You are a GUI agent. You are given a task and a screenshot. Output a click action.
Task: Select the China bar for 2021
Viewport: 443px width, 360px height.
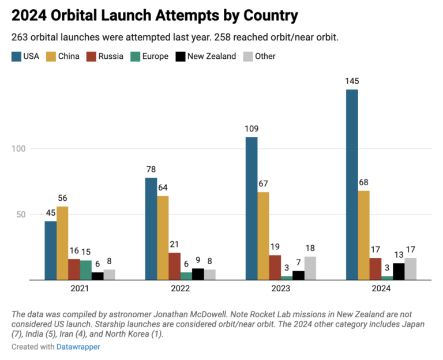click(62, 243)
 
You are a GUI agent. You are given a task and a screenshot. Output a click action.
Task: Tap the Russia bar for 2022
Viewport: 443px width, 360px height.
click(174, 266)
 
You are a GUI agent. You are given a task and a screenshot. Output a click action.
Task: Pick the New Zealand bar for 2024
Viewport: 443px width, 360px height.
click(399, 271)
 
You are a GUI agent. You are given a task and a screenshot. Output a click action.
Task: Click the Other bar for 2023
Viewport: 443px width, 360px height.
click(310, 268)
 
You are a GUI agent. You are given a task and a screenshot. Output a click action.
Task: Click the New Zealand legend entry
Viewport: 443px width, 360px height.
click(206, 56)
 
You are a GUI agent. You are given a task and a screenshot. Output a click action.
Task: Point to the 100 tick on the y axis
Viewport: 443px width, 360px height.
click(21, 149)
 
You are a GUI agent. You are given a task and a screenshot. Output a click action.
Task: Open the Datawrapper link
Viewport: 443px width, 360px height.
click(78, 347)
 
